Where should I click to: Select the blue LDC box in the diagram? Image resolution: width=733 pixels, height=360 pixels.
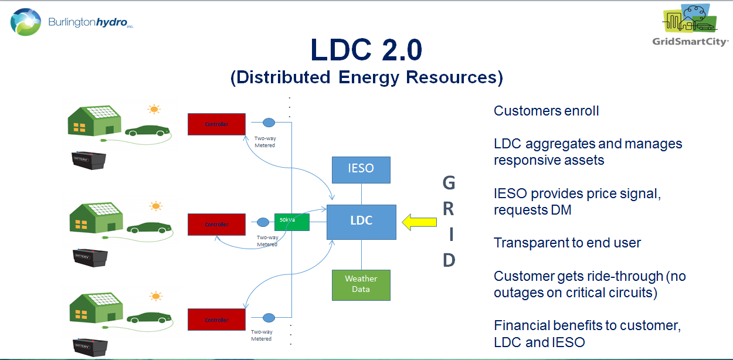point(361,222)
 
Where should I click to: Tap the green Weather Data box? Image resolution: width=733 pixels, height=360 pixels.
point(361,284)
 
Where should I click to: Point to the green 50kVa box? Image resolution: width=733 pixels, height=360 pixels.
point(291,222)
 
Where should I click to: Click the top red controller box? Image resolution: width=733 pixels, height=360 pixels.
point(216,124)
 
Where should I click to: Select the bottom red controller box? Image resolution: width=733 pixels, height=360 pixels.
point(216,320)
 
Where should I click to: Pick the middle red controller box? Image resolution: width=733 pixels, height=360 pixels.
point(216,225)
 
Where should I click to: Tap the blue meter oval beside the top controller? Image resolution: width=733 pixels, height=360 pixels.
point(268,123)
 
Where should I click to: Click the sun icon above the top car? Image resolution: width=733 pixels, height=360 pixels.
point(154,108)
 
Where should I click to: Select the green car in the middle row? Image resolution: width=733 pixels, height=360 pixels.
point(147,227)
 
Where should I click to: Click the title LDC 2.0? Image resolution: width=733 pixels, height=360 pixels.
point(366,51)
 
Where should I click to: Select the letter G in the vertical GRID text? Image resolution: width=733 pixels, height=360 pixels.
point(449,184)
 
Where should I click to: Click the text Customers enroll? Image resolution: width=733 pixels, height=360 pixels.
point(546,111)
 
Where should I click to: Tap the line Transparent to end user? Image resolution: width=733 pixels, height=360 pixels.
point(567,243)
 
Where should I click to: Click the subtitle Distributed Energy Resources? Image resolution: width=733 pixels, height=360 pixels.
point(366,78)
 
